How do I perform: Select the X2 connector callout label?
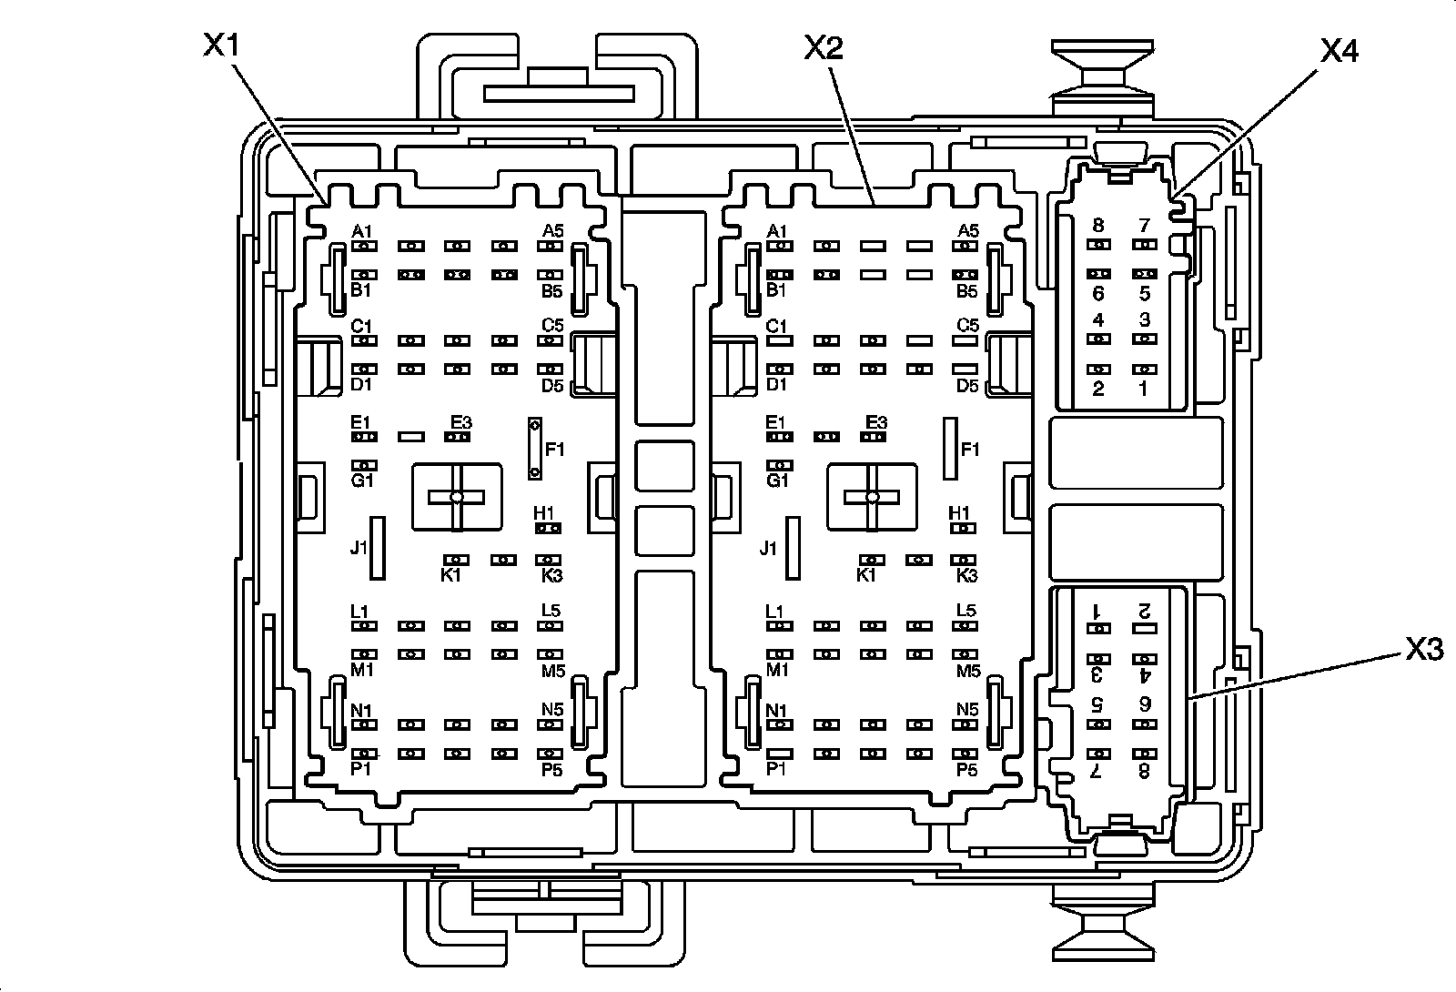click(823, 47)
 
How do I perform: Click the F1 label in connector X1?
click(555, 449)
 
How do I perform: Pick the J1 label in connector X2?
click(769, 548)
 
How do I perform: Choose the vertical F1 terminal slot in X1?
click(535, 449)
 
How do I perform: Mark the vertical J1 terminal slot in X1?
click(377, 547)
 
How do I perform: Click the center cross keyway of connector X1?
click(457, 496)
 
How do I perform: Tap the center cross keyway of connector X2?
click(873, 497)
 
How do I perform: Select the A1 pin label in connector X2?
click(776, 231)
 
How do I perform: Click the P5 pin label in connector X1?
click(551, 770)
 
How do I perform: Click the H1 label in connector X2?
click(959, 513)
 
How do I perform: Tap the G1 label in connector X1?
click(362, 481)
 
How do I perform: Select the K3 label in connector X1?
click(551, 575)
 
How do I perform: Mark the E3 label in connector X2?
click(875, 422)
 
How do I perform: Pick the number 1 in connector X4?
click(1144, 389)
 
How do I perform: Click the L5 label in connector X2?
click(966, 611)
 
